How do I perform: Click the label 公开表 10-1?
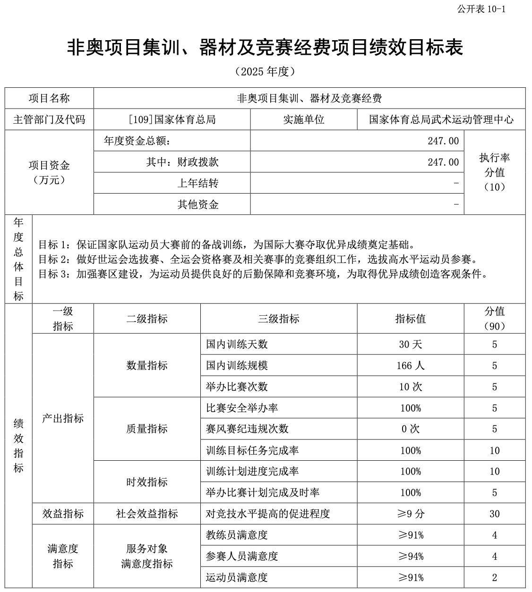481,9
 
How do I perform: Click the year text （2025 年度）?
265,71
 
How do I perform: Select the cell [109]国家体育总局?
172,119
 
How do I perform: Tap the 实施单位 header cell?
303,119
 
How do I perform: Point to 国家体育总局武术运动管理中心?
441,119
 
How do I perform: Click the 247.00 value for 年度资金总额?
443,141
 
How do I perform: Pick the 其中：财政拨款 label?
182,162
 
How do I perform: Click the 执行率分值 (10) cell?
494,172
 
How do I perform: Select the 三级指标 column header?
278,319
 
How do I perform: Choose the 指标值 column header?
410,319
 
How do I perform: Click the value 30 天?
410,344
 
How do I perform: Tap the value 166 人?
410,365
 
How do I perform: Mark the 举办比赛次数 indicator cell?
237,387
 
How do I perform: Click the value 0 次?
410,429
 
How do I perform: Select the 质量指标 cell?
147,429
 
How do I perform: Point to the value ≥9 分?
410,514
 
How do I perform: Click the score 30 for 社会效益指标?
494,514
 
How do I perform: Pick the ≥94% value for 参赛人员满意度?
410,556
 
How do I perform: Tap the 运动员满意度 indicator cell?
237,577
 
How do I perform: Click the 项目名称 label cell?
49,98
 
